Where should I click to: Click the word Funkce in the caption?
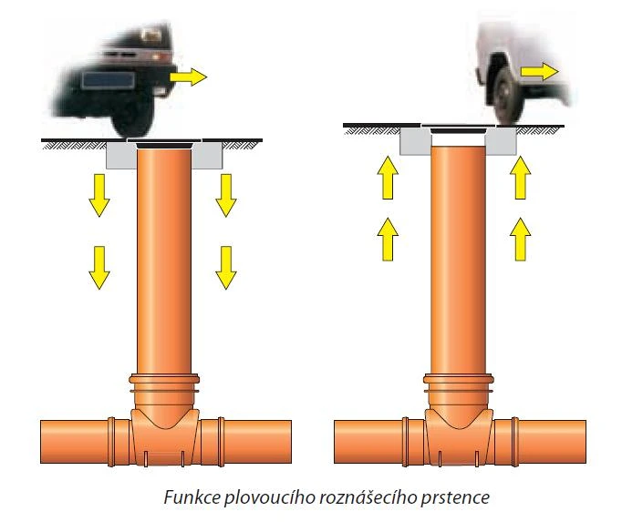(x=192, y=497)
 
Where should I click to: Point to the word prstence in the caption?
(x=455, y=498)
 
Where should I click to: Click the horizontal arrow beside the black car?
(x=189, y=77)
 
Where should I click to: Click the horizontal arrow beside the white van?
(x=540, y=72)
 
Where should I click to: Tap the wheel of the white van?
(x=507, y=96)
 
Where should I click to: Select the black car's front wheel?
(x=132, y=121)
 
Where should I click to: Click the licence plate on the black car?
(x=108, y=81)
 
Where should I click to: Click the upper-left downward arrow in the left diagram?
(x=99, y=195)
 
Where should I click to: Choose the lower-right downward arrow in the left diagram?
(x=226, y=268)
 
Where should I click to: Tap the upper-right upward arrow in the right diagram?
(x=520, y=178)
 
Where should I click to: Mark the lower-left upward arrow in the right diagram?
(x=388, y=240)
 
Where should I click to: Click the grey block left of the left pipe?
(x=121, y=155)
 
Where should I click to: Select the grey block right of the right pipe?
(x=501, y=141)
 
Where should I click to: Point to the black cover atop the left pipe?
(x=164, y=145)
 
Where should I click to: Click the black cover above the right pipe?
(x=458, y=130)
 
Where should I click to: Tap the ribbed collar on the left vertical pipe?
(x=164, y=384)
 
